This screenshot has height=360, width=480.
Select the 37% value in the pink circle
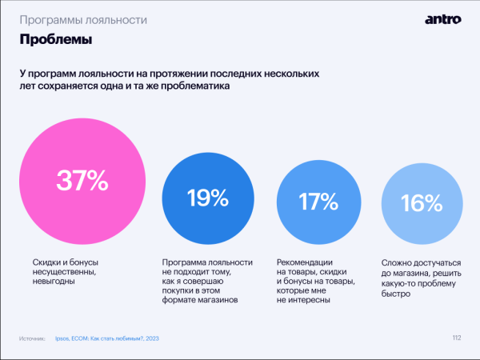[82, 181]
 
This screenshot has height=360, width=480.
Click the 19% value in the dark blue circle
[208, 198]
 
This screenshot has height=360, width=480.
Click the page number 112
[456, 338]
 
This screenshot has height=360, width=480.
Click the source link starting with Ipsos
[108, 339]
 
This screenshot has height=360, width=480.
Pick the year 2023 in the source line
[152, 339]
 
